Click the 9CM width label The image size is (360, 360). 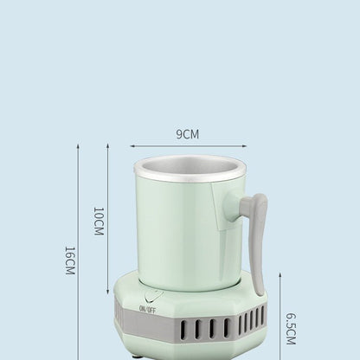coord(188,134)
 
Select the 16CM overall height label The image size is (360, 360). coord(69,260)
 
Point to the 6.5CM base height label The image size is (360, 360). coord(292,327)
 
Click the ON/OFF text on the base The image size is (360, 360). coord(147,309)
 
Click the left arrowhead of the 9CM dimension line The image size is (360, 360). coord(133,145)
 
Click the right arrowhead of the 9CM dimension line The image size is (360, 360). coord(244,145)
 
